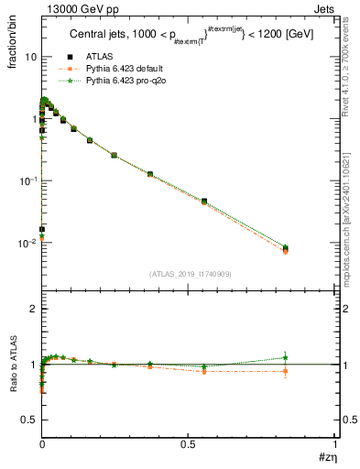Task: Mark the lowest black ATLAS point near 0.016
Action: click(42, 229)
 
